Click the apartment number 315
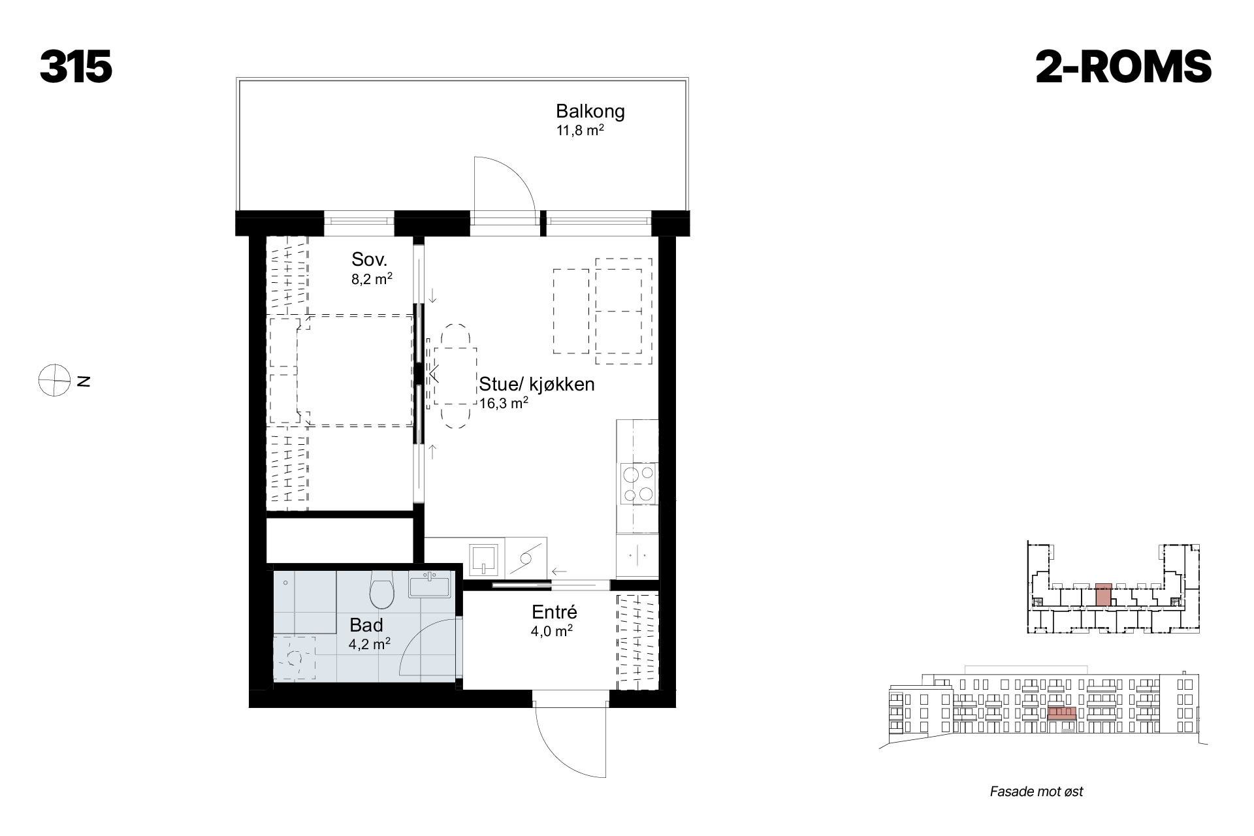76,67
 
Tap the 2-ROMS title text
1123,67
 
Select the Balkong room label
590,111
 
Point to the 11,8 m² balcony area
579,130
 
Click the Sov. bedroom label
370,259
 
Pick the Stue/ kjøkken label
537,384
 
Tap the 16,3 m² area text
504,403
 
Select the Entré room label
555,613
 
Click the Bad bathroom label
366,625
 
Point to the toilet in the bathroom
381,588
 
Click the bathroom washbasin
430,585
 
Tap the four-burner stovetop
637,483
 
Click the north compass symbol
54,379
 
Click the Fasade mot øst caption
1037,792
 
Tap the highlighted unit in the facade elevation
1062,713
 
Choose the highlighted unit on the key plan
1103,594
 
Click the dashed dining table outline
455,376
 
